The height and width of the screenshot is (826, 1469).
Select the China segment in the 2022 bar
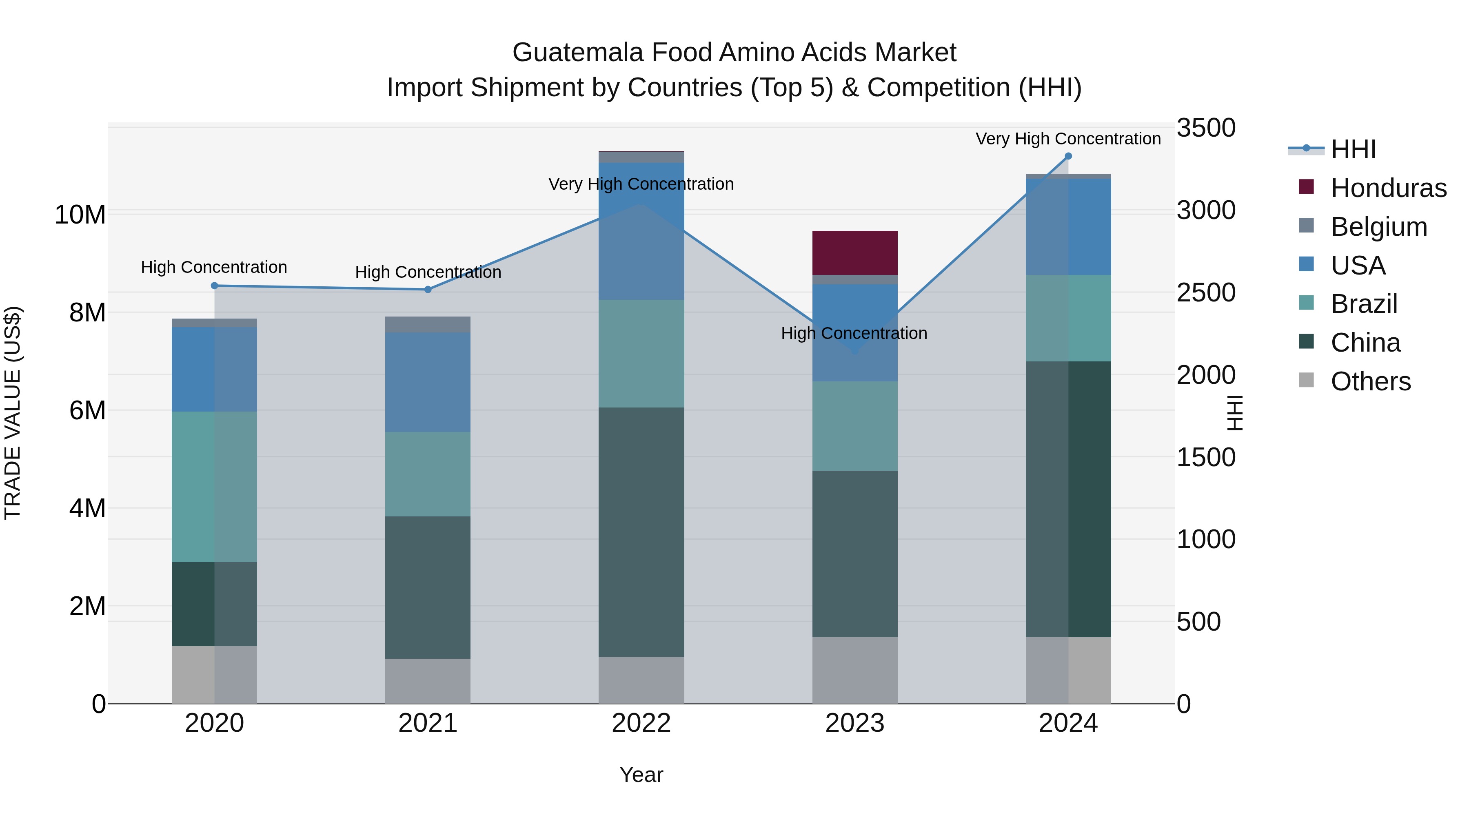click(641, 532)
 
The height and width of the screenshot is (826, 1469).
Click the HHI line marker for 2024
click(1068, 156)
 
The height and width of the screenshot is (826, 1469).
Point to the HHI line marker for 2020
click(214, 286)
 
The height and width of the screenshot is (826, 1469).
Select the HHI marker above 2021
click(428, 290)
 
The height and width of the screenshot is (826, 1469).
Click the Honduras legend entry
click(1388, 188)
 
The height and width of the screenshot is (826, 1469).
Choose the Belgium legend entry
click(1378, 227)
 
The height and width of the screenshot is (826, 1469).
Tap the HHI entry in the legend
click(1353, 149)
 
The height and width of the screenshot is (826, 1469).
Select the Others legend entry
click(1370, 381)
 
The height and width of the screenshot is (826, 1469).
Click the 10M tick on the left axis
click(80, 215)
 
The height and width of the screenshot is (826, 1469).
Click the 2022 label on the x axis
click(641, 723)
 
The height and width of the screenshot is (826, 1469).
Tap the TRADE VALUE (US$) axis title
click(13, 413)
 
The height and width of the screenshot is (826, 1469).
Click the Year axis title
click(641, 775)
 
